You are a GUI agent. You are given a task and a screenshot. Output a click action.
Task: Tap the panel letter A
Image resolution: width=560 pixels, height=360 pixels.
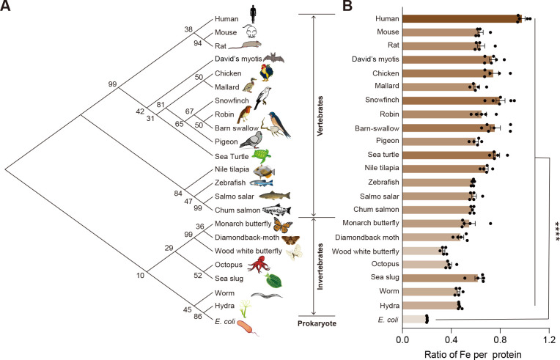[7, 7]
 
